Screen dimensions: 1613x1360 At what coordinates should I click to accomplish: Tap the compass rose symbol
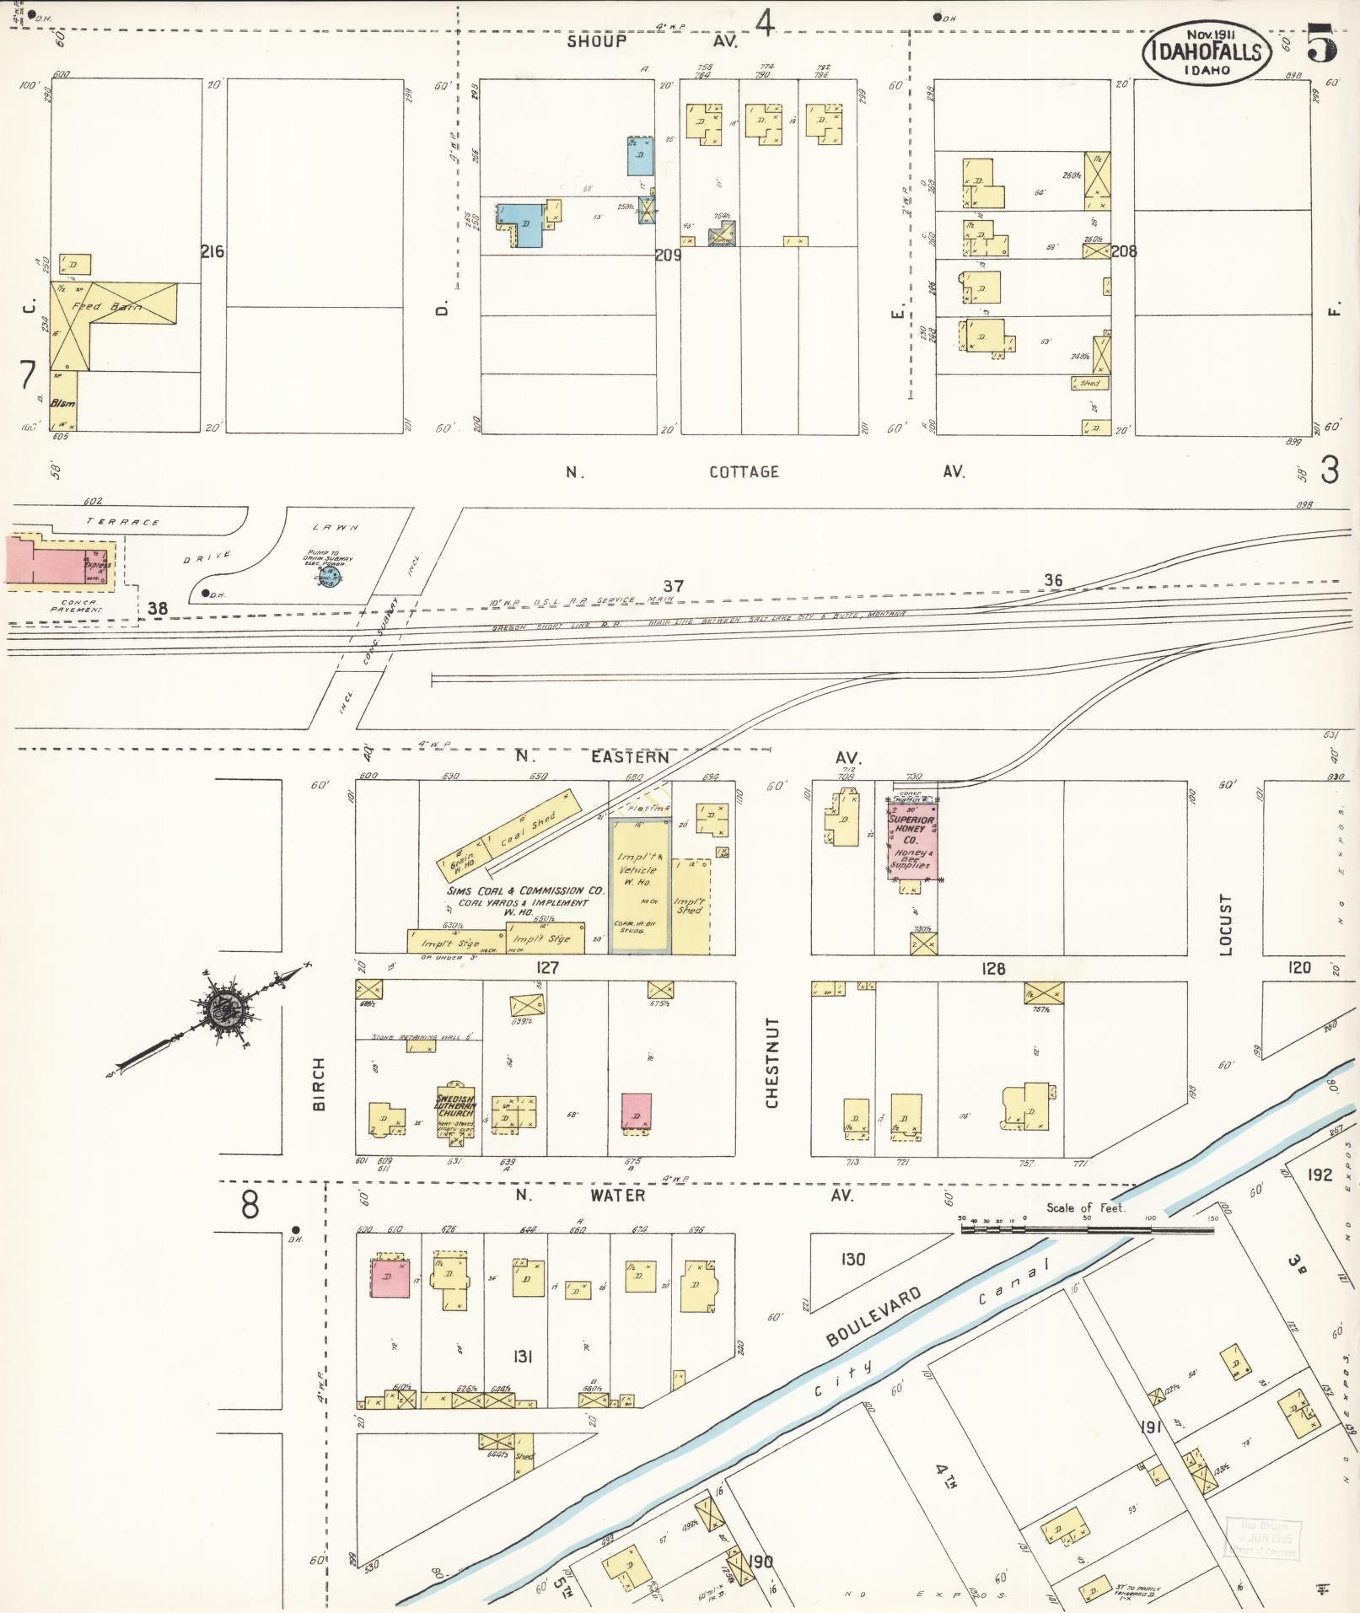[223, 1007]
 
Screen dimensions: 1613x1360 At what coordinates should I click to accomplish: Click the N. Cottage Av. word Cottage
[743, 471]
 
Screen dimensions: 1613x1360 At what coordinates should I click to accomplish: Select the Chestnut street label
[771, 1062]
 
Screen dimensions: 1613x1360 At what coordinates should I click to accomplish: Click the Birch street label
[319, 1096]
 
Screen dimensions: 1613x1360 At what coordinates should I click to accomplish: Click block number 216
[212, 250]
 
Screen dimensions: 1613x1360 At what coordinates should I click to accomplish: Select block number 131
[522, 1356]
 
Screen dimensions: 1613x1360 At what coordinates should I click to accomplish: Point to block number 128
[993, 969]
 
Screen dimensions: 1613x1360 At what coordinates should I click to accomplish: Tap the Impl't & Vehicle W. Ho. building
[640, 885]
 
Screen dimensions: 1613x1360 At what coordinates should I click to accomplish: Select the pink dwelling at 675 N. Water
[636, 1111]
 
